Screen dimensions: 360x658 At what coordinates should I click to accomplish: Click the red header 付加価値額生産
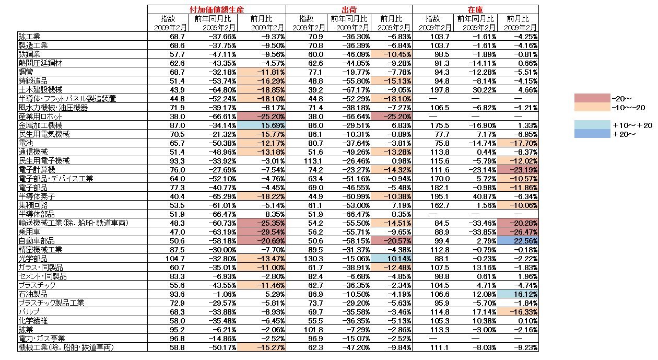point(216,9)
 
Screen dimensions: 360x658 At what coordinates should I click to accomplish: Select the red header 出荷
point(349,9)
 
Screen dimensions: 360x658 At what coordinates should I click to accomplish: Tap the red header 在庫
point(475,9)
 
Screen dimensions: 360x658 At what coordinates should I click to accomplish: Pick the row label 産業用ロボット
point(39,117)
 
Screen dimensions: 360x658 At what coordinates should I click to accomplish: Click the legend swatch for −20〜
point(592,98)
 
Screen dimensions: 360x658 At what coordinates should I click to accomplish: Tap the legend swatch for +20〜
point(592,134)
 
